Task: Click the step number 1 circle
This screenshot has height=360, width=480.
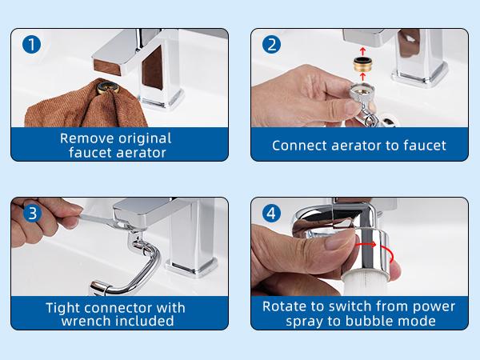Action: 31,45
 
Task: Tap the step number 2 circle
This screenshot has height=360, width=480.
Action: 272,45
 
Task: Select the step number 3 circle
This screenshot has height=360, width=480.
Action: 31,213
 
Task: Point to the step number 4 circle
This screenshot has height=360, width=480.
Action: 272,213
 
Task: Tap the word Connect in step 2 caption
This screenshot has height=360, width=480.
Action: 299,146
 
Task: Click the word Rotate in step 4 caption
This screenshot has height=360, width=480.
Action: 286,306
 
